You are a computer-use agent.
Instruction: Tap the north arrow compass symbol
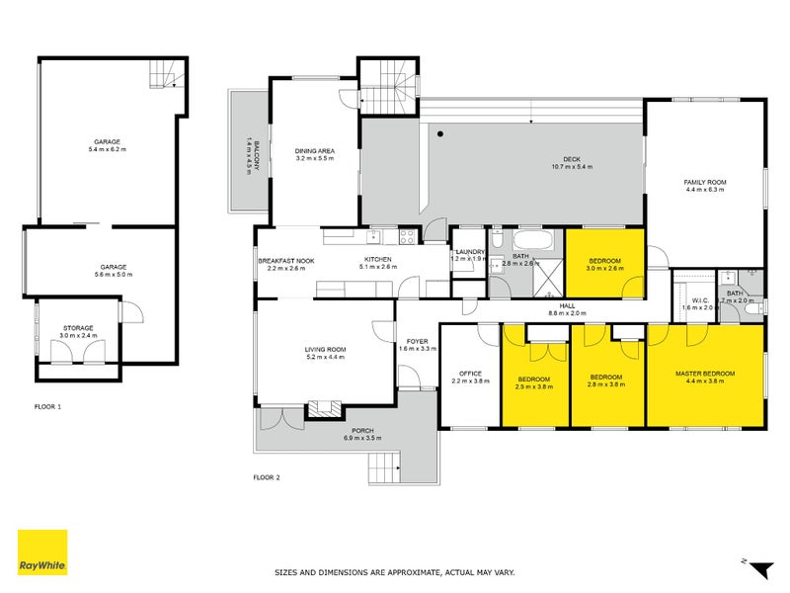pos(757,568)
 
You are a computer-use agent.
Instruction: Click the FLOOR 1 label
pos(46,406)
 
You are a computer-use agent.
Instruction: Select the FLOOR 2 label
pos(267,477)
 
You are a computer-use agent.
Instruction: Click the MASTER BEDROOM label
pos(705,373)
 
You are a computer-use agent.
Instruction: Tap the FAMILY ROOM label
pos(705,182)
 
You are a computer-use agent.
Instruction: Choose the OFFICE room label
pos(470,374)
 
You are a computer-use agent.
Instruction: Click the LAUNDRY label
pos(470,251)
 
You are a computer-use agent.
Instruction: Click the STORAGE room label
pos(78,327)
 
